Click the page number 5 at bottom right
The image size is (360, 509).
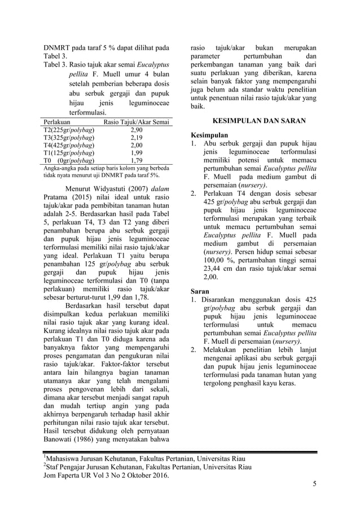[315, 484]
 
